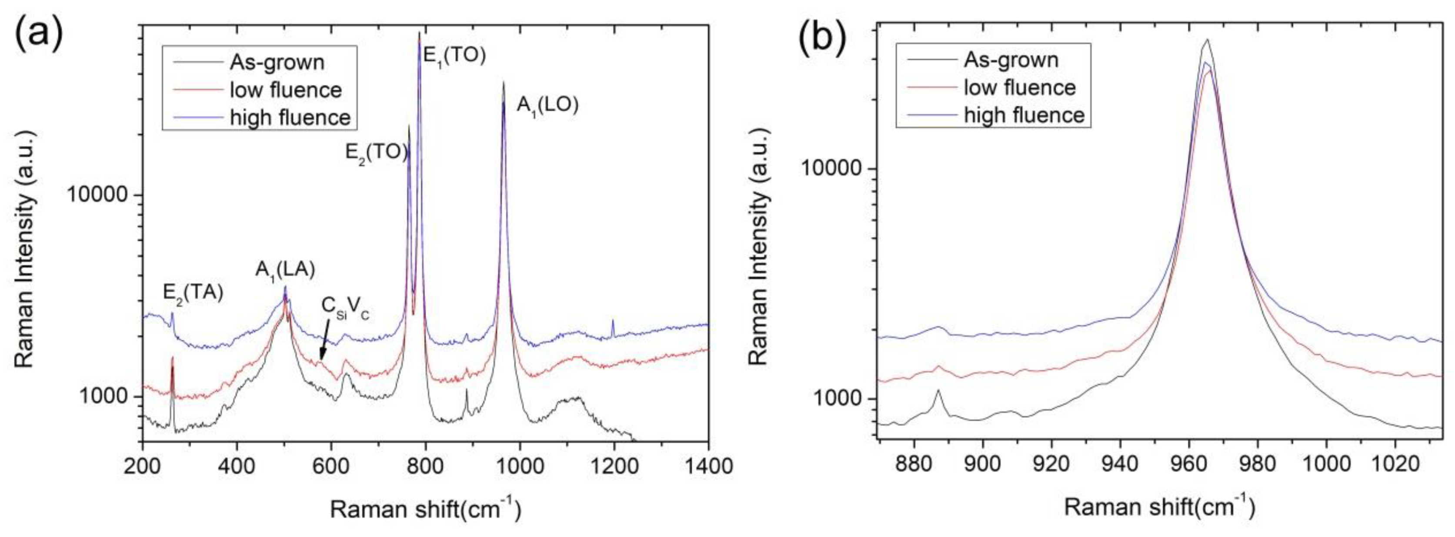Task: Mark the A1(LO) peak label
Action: (547, 106)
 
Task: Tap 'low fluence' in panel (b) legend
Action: (1020, 87)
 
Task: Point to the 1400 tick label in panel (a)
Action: (707, 467)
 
